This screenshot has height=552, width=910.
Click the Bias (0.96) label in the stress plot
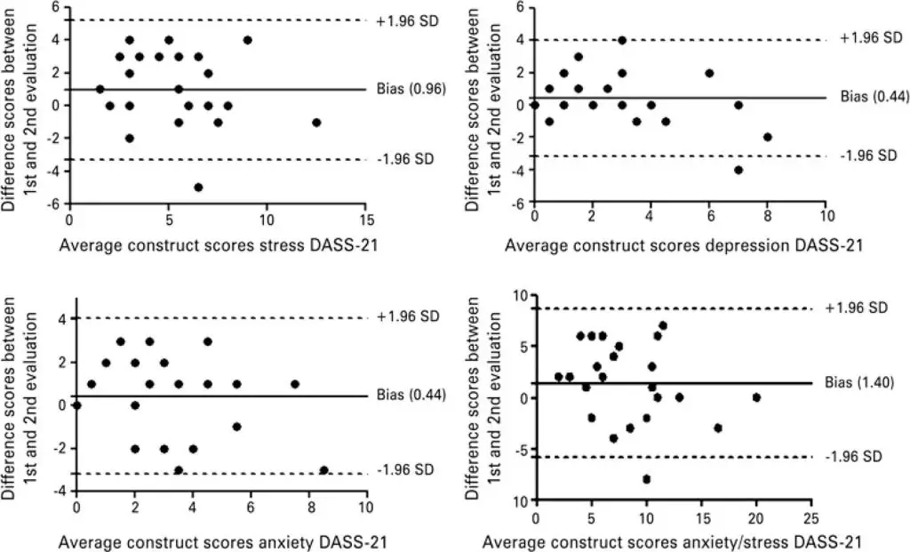tap(410, 89)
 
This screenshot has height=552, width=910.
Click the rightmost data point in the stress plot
tap(316, 122)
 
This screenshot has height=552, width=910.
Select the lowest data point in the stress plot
tap(198, 188)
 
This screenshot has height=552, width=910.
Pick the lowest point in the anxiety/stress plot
tap(646, 479)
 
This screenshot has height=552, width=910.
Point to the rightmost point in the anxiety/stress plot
tap(756, 397)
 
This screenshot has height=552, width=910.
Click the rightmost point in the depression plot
tap(767, 137)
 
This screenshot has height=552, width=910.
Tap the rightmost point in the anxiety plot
tap(323, 469)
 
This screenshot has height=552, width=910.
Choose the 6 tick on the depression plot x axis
tap(709, 217)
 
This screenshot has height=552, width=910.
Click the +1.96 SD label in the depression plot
tap(868, 40)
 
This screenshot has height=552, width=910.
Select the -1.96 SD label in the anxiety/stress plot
tap(854, 456)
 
